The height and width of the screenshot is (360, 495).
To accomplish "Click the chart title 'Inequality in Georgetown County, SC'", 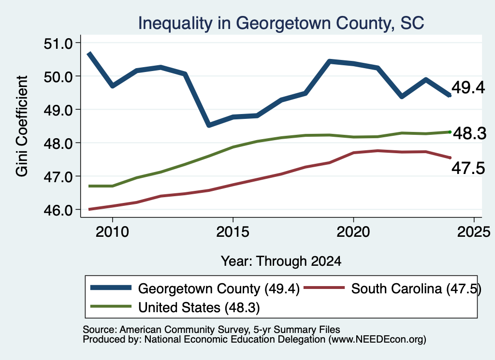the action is pos(281,23).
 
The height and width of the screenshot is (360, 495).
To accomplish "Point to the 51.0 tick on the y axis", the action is pos(58,43).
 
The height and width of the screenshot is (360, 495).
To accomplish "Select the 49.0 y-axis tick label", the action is pos(58,110).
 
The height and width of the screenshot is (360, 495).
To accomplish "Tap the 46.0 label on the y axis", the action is pos(58,210).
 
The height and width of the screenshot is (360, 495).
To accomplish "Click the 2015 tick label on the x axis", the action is pos(233,232).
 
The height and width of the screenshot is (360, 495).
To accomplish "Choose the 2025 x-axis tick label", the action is pos(474,232).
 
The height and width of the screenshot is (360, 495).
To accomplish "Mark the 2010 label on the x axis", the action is pos(112,232).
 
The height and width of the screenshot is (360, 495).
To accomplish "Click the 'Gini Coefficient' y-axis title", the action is pos(22,126).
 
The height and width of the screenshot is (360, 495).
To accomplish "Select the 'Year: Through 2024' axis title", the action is pos(281,261).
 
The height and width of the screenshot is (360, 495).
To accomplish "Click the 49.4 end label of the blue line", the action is pos(468,87).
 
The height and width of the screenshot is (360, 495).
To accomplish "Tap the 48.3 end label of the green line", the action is pos(469,133).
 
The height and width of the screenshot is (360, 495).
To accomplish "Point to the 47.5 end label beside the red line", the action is pos(468,168).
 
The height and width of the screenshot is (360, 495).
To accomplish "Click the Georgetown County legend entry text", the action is pos(219,288).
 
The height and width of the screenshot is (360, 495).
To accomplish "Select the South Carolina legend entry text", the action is pos(416,288).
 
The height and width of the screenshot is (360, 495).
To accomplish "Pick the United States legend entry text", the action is pos(199,308).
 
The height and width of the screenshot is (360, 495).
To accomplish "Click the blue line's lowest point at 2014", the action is pos(209,125).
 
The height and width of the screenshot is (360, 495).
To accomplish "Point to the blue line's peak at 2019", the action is pos(329,61).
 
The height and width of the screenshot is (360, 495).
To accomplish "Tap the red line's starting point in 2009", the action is pos(89,209).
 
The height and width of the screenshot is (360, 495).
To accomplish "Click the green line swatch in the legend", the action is pos(111,306).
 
